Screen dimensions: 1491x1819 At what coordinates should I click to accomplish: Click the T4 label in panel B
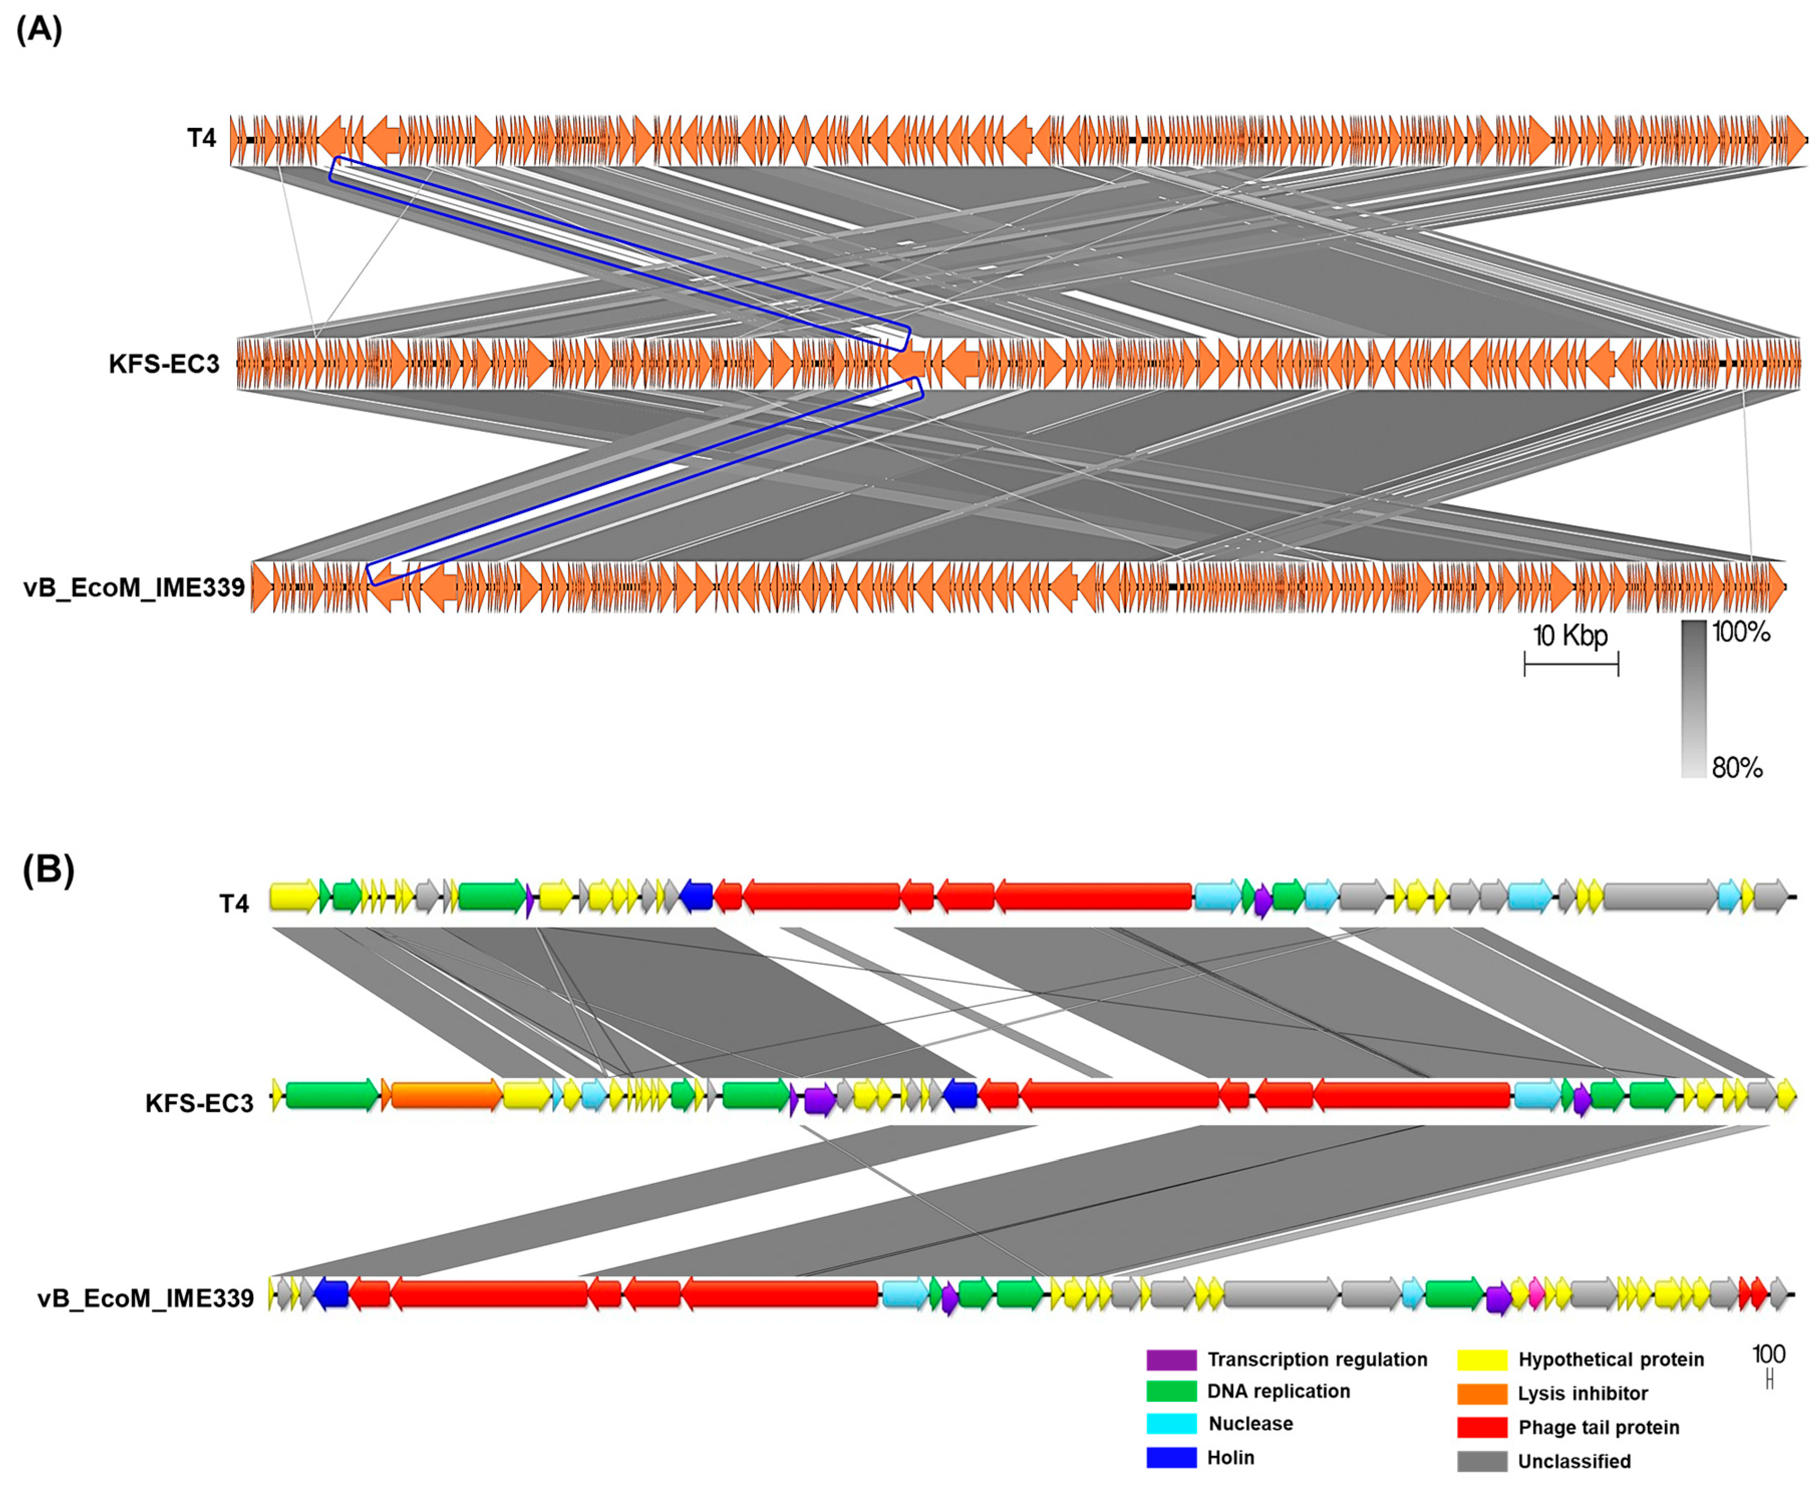point(234,904)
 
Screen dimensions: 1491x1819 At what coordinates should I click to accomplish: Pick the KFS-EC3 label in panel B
point(199,1103)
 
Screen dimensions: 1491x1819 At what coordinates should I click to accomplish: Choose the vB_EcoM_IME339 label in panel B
point(145,1298)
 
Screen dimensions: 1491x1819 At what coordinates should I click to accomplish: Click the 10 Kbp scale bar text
point(1570,636)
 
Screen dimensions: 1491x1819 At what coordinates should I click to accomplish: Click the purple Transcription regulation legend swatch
point(1171,1360)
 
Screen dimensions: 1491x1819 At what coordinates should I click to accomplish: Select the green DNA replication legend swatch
point(1171,1391)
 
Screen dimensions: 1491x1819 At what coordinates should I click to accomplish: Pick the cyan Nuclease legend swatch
point(1171,1424)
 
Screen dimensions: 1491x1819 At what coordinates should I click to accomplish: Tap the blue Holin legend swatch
point(1171,1457)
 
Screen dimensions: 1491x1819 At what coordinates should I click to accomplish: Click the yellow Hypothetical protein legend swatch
point(1481,1360)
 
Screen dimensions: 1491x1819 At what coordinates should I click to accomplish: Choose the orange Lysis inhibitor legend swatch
point(1481,1393)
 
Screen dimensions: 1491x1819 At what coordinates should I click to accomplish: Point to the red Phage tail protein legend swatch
point(1481,1427)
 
